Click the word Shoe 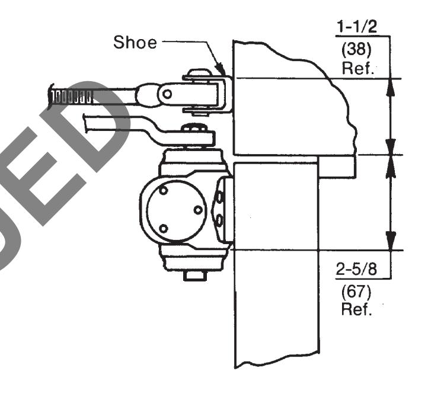pos(135,42)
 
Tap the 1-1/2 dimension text pos(356,27)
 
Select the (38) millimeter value pos(356,50)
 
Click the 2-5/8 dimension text pos(356,269)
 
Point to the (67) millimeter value pos(356,292)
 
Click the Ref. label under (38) pos(357,68)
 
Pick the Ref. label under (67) pos(356,309)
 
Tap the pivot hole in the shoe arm pos(167,94)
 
